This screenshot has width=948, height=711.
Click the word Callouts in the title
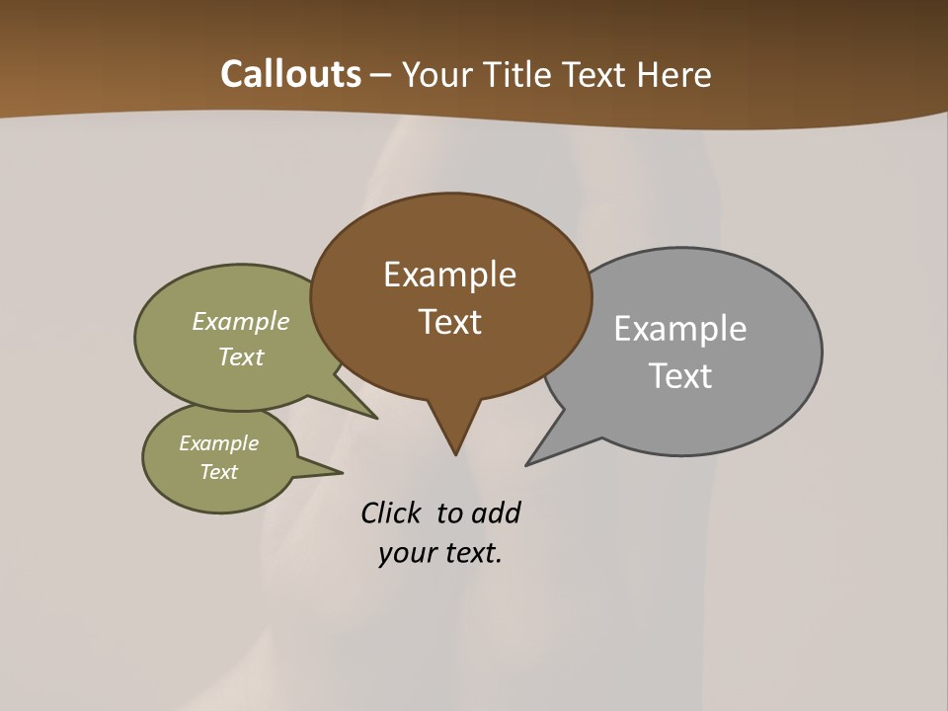point(290,74)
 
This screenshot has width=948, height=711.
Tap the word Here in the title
point(675,74)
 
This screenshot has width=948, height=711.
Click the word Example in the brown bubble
point(449,275)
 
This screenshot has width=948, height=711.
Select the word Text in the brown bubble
point(449,322)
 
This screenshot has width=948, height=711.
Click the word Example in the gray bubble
point(679,329)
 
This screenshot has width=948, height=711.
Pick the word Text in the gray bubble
point(679,376)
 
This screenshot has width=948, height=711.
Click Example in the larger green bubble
point(240,322)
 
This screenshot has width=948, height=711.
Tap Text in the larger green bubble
point(240,357)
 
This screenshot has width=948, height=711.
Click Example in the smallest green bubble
point(218,443)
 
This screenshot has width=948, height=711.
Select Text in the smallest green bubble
point(218,472)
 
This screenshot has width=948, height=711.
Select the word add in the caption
point(495,513)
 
